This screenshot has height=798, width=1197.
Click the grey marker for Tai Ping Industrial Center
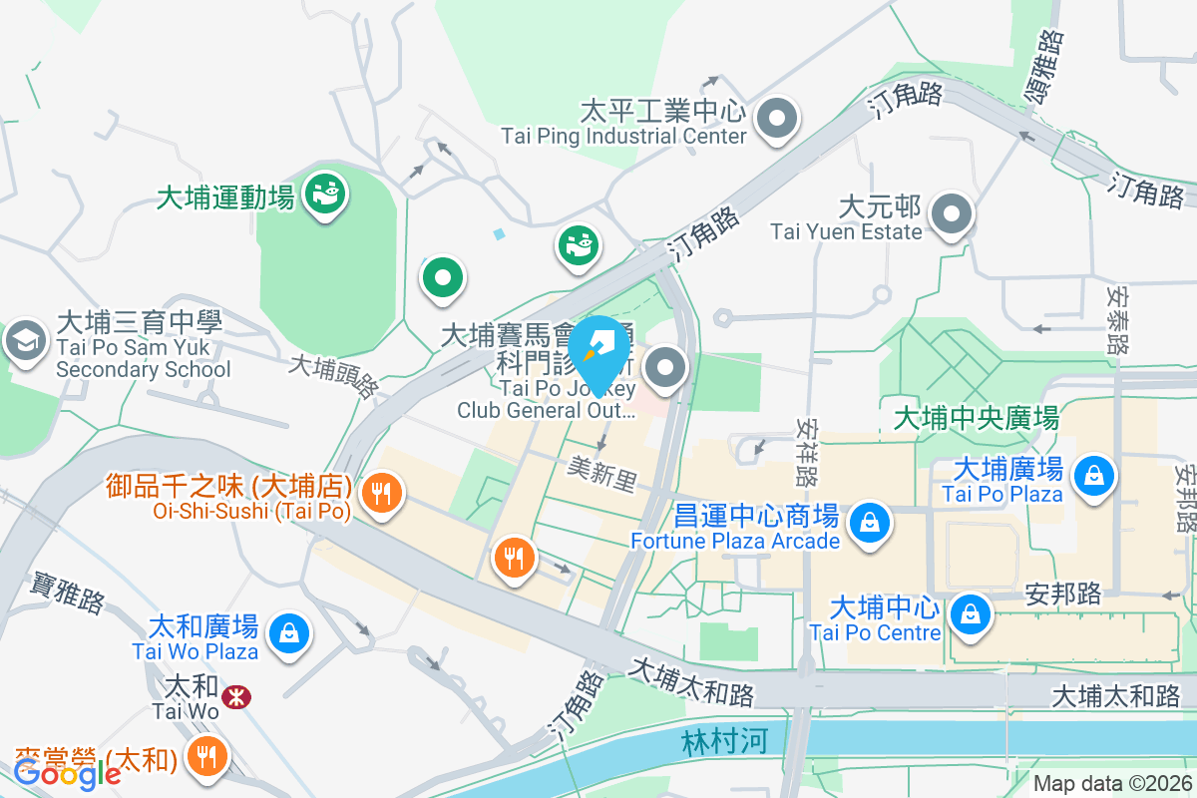click(775, 120)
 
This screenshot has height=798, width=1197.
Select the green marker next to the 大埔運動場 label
click(325, 190)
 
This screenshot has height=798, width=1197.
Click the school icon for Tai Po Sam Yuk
click(24, 341)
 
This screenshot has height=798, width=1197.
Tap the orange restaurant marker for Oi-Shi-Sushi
click(380, 491)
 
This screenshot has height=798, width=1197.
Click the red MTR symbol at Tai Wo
click(236, 697)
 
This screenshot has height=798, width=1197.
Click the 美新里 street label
click(601, 474)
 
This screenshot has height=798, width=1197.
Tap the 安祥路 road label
click(807, 448)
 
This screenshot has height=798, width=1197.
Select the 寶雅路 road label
click(68, 589)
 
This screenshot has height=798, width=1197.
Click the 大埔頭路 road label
click(333, 375)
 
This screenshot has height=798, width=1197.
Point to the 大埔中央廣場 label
click(976, 417)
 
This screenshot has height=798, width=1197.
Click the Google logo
click(67, 773)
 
